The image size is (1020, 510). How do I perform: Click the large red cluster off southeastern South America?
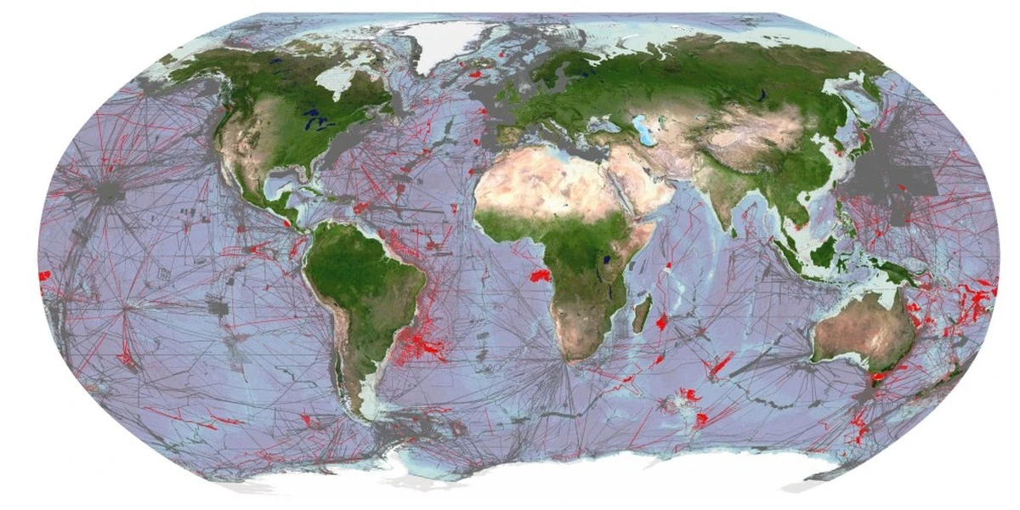[429, 347]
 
